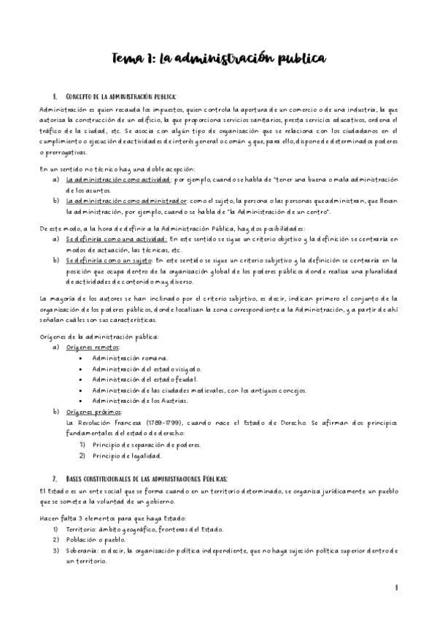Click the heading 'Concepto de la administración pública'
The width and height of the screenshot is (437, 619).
[120, 96]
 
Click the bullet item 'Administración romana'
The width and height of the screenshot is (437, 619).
[129, 358]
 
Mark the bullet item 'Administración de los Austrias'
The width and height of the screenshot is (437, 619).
[139, 401]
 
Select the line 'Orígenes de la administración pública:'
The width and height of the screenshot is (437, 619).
[98, 337]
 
